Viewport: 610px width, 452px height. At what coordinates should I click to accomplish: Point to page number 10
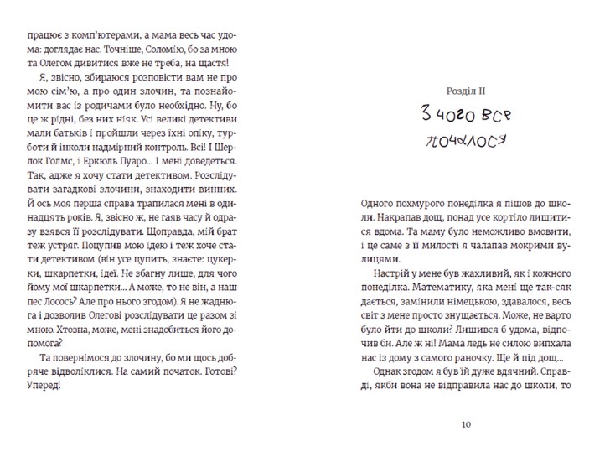(467, 424)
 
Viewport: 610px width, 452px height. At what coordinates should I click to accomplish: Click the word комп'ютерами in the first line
(89, 36)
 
